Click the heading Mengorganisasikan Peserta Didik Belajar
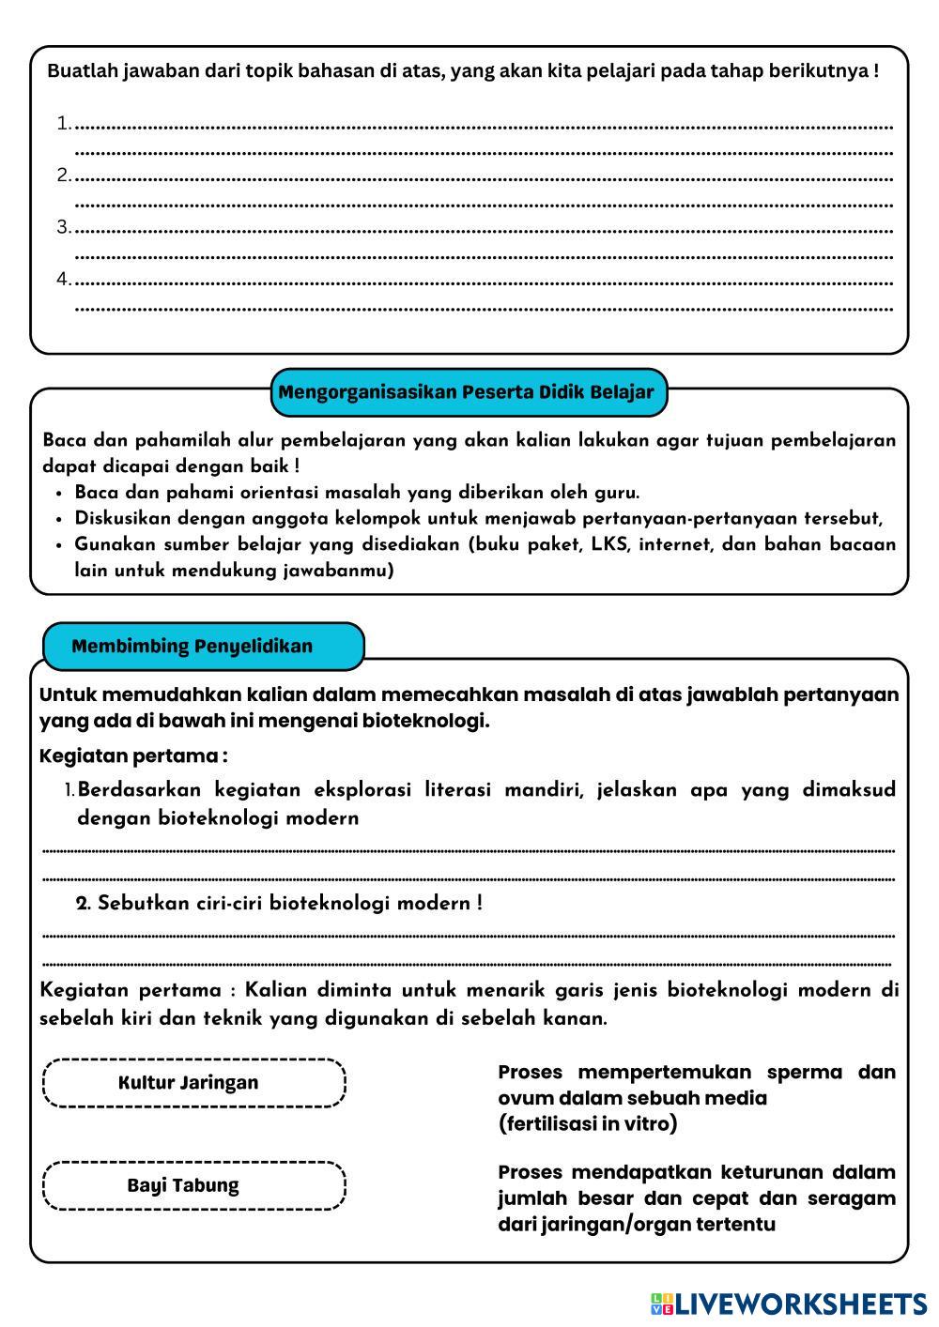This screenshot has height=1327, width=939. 467,392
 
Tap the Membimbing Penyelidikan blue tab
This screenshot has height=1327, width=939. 192,647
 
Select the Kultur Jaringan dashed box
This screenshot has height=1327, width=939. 193,1083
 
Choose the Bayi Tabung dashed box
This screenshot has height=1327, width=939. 193,1185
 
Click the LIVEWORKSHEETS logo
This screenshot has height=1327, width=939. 789,1304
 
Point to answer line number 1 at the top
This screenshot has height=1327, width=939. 484,125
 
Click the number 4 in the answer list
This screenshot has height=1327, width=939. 63,280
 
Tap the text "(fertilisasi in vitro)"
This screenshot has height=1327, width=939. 588,1124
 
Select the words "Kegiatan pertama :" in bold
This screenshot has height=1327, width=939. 133,756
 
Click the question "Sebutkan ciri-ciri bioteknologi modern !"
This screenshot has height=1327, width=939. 280,904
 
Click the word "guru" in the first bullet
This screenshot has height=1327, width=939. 615,493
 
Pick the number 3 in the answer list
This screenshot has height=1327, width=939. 63,227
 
